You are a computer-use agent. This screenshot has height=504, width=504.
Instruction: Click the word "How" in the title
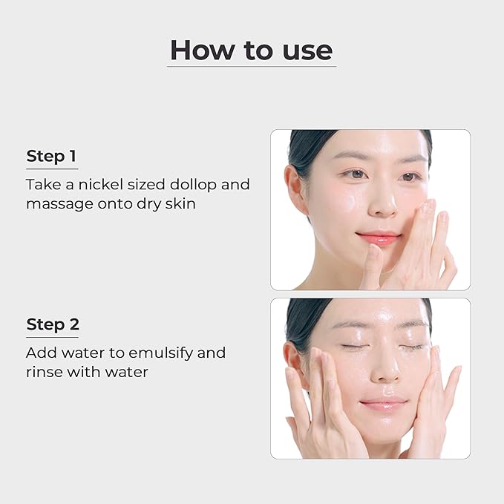coord(202,50)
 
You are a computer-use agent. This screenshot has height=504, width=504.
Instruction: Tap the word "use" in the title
coord(307,51)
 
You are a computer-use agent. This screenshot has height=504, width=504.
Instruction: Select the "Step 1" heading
coord(51,156)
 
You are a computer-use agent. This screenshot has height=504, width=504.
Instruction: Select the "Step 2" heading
coord(53,324)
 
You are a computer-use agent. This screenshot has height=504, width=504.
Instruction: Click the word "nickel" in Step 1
coord(101,185)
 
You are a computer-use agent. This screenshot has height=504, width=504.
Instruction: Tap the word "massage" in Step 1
coord(60,205)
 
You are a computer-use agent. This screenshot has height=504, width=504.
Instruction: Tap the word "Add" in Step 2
coord(42,353)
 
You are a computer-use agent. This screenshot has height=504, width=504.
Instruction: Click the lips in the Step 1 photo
coord(378,238)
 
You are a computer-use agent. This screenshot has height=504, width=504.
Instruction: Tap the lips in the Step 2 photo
coord(383,403)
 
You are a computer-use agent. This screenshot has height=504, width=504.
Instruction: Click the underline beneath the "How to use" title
coord(252,67)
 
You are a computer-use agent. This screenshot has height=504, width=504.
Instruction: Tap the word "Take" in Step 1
coord(44,185)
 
